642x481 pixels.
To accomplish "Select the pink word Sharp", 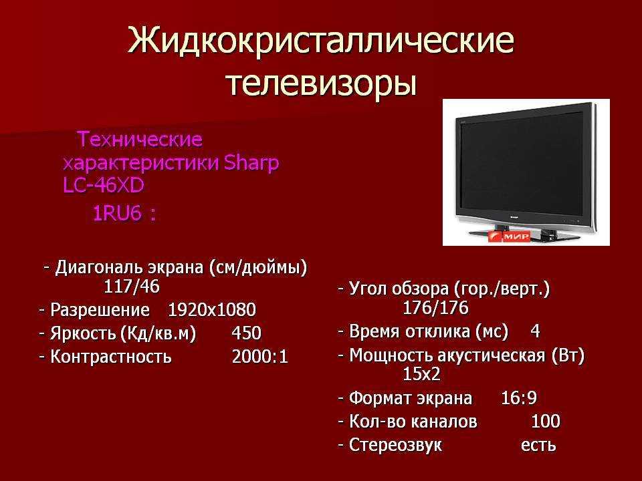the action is point(251,164).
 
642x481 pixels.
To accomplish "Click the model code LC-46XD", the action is point(104,185).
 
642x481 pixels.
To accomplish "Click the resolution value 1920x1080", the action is point(212,309).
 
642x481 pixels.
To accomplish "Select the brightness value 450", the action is point(247,333).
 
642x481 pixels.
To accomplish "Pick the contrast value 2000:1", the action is point(260,357).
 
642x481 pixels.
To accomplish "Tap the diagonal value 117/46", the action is point(132,287).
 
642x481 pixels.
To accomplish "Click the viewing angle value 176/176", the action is point(435,308).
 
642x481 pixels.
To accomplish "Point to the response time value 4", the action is point(535,331).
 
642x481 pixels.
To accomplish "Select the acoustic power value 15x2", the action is point(422,374).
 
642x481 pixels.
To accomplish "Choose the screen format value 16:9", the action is point(519,397).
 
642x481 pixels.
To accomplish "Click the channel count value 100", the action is point(546,421).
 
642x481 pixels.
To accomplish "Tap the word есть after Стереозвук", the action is point(538,445).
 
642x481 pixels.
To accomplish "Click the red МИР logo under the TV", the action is point(509,236).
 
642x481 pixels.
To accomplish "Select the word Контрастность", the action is point(111,357).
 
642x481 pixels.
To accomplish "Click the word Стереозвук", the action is point(395,445).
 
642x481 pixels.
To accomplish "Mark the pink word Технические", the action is point(140,139).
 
